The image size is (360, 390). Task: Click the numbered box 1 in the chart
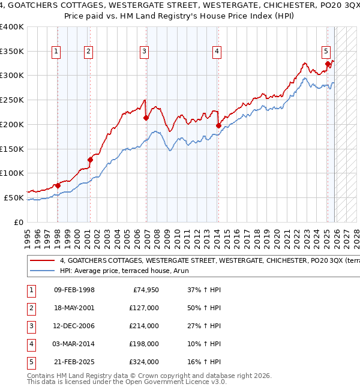click(56, 52)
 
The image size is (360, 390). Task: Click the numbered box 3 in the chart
click(145, 52)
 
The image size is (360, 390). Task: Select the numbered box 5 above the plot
click(326, 52)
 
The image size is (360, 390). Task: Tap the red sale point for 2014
click(218, 125)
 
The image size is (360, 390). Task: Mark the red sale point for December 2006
click(146, 118)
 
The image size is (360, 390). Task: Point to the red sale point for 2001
click(90, 160)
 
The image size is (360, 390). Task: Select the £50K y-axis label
click(14, 197)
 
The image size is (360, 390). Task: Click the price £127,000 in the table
click(144, 308)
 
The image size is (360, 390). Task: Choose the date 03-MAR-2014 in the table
click(74, 344)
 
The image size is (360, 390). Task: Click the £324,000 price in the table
click(144, 362)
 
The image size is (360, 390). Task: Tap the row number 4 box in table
click(31, 344)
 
